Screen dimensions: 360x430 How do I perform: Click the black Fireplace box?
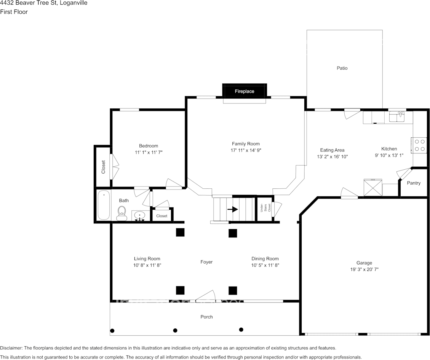pyautogui.click(x=244, y=91)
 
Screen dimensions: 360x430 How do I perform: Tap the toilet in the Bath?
pyautogui.click(x=122, y=213)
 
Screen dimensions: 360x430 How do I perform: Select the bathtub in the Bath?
pyautogui.click(x=103, y=205)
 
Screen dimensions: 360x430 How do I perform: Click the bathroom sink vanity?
pyautogui.click(x=141, y=216)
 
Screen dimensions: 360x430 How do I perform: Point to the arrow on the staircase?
pyautogui.click(x=232, y=209)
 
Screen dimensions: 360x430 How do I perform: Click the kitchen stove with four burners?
pyautogui.click(x=419, y=145)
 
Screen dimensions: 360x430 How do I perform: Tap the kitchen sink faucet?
pyautogui.click(x=400, y=113)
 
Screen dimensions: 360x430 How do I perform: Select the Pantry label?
pyautogui.click(x=414, y=183)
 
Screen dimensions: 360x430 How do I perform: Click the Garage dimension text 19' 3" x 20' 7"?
pyautogui.click(x=364, y=269)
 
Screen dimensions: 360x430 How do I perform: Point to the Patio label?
pyautogui.click(x=342, y=68)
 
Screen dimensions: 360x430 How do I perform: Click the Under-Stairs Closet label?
pyautogui.click(x=265, y=208)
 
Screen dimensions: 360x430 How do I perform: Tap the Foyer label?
pyautogui.click(x=206, y=262)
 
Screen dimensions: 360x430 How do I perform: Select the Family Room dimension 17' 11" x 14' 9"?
pyautogui.click(x=246, y=150)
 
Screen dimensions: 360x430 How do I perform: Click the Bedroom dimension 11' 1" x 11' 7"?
pyautogui.click(x=148, y=152)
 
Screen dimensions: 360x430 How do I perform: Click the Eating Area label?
pyautogui.click(x=332, y=150)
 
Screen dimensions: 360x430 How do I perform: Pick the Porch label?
pyautogui.click(x=206, y=317)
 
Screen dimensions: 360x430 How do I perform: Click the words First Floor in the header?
pyautogui.click(x=14, y=12)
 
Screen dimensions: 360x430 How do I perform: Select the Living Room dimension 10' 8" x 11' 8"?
pyautogui.click(x=147, y=265)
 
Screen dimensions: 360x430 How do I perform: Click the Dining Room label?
pyautogui.click(x=265, y=259)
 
